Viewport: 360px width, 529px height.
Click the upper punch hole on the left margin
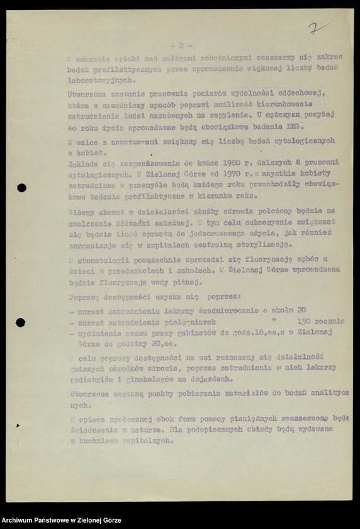point(21,188)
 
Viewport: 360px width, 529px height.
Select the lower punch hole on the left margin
point(21,322)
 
